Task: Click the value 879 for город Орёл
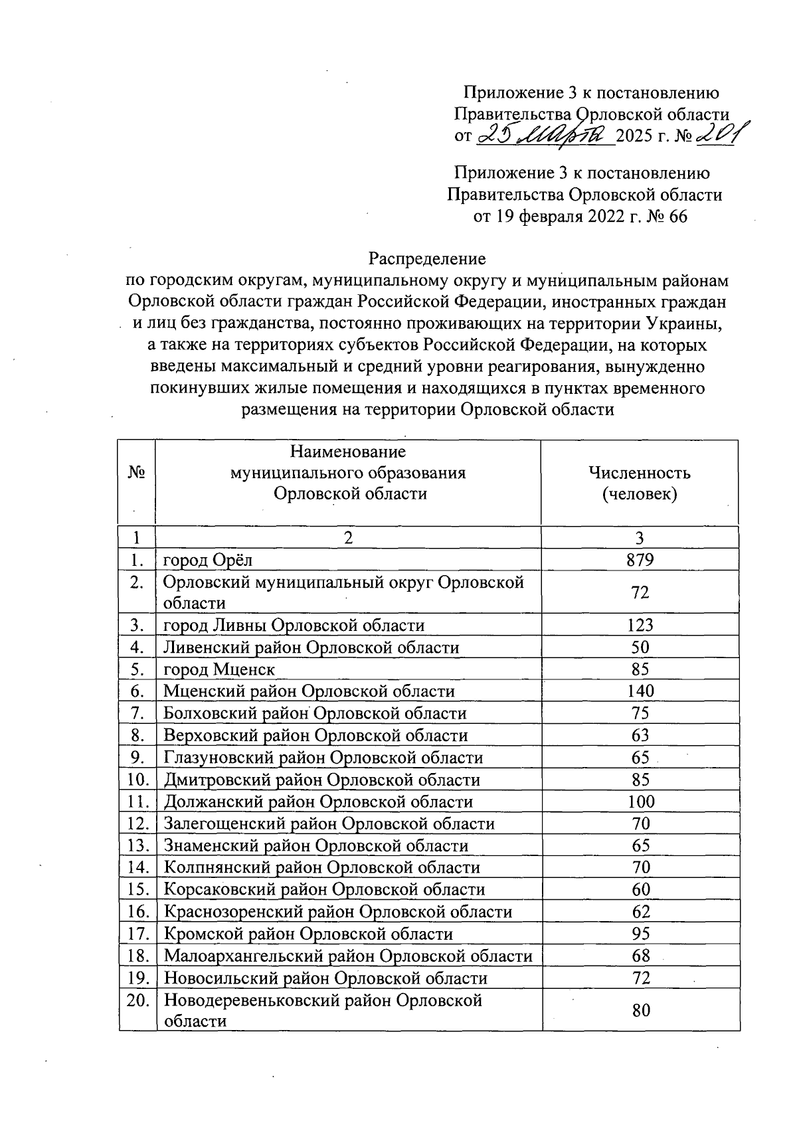640,560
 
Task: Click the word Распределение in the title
427,258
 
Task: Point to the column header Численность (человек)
639,483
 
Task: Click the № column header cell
136,474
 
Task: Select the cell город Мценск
219,669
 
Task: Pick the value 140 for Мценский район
640,691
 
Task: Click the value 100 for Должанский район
640,801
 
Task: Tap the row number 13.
137,845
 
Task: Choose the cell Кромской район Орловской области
308,934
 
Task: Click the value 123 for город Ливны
640,625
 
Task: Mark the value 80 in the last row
640,1010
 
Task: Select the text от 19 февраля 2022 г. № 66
580,217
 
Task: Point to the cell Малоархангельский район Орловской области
348,956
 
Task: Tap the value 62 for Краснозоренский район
640,911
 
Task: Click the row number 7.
137,713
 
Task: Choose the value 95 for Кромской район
640,934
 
